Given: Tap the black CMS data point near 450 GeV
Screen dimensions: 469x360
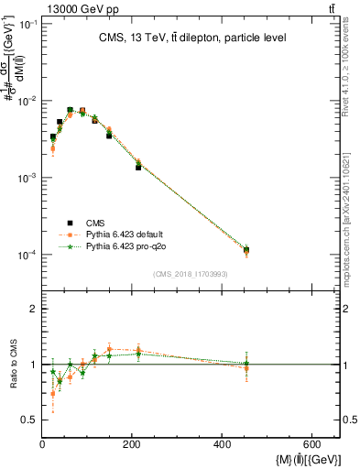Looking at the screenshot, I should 246,250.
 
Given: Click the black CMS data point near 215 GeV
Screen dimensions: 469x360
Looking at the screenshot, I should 138,167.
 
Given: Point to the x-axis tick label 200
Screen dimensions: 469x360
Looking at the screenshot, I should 132,445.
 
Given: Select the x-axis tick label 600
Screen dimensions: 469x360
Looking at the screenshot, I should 311,445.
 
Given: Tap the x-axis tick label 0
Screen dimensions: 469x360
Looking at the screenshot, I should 42,445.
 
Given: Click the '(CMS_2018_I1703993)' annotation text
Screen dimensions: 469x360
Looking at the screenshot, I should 191,274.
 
